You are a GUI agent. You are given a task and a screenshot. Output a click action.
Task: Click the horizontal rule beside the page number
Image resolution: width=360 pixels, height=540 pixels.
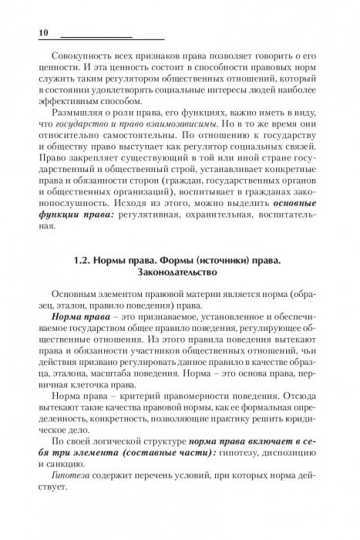[x=112, y=36]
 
